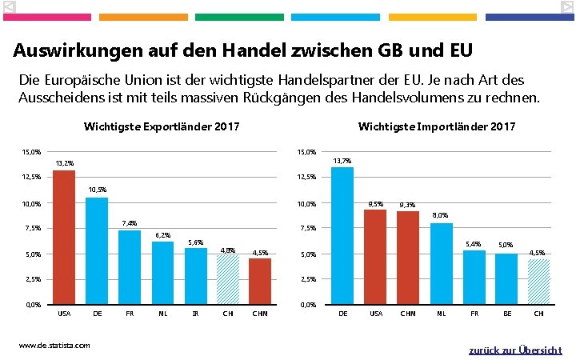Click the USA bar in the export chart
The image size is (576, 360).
(64, 238)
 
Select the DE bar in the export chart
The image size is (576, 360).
(97, 251)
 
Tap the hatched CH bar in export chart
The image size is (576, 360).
(228, 280)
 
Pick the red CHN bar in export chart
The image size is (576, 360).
(260, 282)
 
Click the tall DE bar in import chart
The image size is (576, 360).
(342, 236)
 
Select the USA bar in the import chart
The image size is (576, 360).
(374, 257)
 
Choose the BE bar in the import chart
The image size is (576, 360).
(506, 279)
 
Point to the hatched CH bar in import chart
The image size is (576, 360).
(538, 282)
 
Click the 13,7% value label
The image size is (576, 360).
(342, 161)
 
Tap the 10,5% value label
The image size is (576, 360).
(97, 190)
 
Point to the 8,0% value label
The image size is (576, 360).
(440, 215)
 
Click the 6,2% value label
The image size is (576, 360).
(162, 234)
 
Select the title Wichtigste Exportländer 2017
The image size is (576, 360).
(162, 126)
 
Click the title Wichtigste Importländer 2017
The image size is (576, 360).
(437, 126)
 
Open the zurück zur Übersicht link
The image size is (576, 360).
(515, 350)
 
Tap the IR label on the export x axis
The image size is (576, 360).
(195, 314)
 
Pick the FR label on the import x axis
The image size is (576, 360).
(474, 314)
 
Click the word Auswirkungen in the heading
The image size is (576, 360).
(71, 50)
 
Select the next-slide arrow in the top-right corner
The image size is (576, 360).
(566, 7)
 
